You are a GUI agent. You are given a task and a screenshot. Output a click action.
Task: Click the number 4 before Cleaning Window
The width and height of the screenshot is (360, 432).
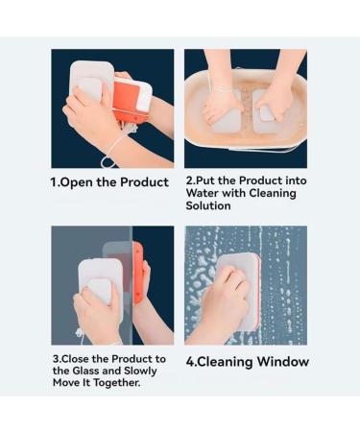[190, 362]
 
